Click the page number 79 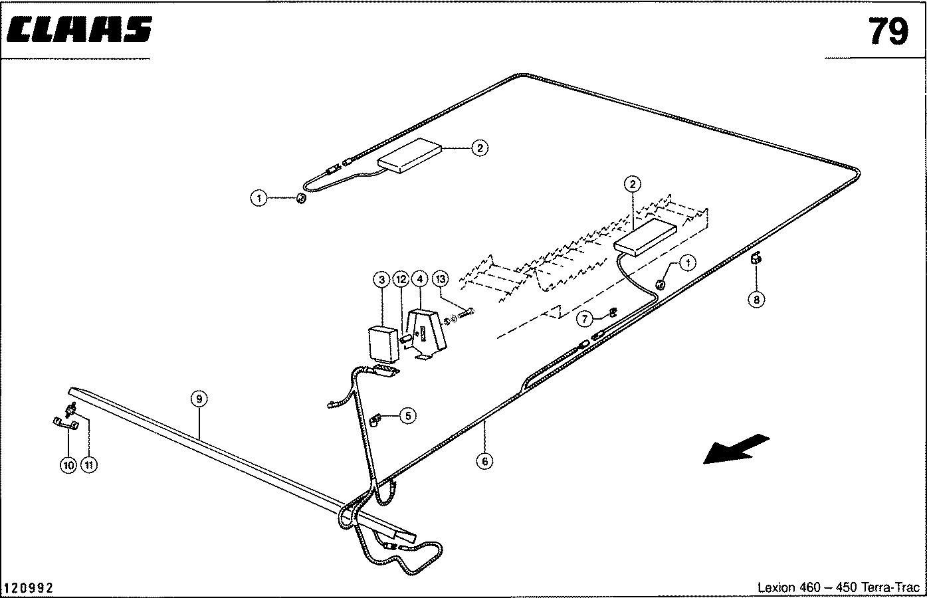click(x=888, y=31)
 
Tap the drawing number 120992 click(x=29, y=588)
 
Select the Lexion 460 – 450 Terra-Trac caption click(x=839, y=587)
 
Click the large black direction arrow click(x=736, y=448)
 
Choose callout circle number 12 click(x=401, y=280)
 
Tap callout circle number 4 click(x=420, y=280)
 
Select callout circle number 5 click(x=408, y=416)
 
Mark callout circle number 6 click(x=485, y=460)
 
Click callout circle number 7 click(x=584, y=320)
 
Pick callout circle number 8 click(x=756, y=300)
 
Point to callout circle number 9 click(x=199, y=399)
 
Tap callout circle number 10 click(x=68, y=465)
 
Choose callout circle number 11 click(x=88, y=465)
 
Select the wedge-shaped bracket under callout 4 click(x=427, y=334)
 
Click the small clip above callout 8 click(x=756, y=260)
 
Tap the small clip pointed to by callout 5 click(x=375, y=420)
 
